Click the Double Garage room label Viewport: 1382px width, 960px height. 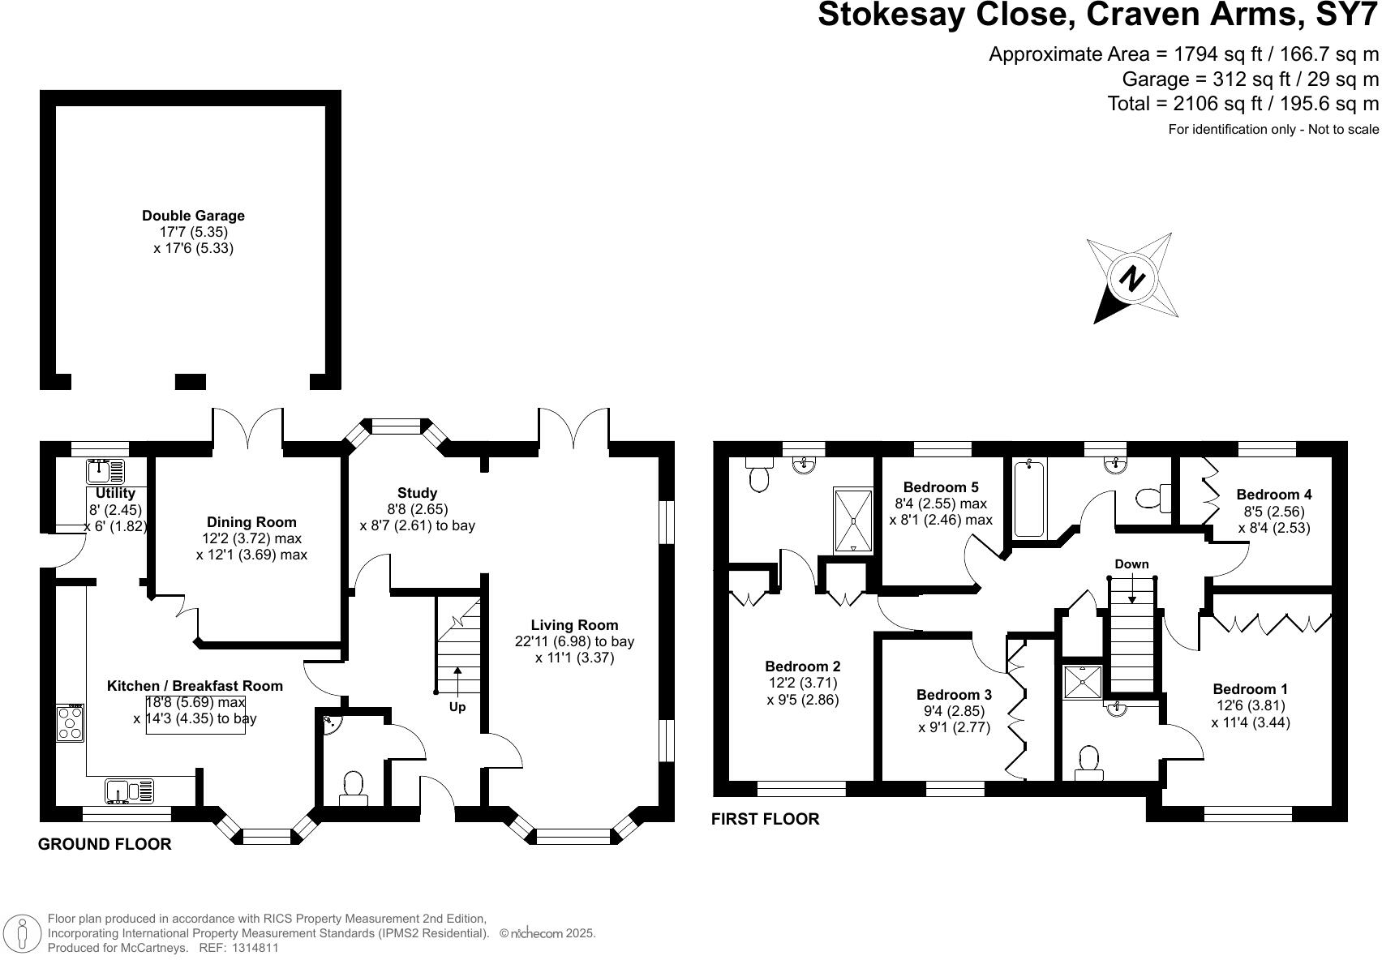click(x=193, y=216)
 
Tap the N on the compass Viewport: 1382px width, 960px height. click(x=1131, y=278)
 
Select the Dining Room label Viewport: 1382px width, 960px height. click(x=251, y=522)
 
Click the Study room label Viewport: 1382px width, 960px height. click(x=417, y=493)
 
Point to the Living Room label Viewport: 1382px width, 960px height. click(x=574, y=625)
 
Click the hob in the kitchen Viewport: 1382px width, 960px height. click(x=70, y=723)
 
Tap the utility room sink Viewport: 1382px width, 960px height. click(x=105, y=472)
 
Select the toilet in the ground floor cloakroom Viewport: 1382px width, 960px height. click(x=354, y=788)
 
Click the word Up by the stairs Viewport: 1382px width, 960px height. click(x=457, y=707)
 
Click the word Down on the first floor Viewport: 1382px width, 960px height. click(x=1131, y=564)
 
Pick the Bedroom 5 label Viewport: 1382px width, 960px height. click(x=941, y=487)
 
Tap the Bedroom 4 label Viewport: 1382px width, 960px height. click(x=1274, y=495)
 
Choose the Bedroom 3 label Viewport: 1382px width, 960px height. click(x=954, y=695)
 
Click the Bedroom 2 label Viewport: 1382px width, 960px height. click(x=803, y=666)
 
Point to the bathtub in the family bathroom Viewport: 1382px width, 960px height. click(x=1029, y=499)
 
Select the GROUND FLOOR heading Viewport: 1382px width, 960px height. click(x=105, y=844)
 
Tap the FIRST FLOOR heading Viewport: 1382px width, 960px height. click(x=765, y=819)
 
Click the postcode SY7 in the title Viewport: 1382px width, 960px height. click(x=1347, y=15)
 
